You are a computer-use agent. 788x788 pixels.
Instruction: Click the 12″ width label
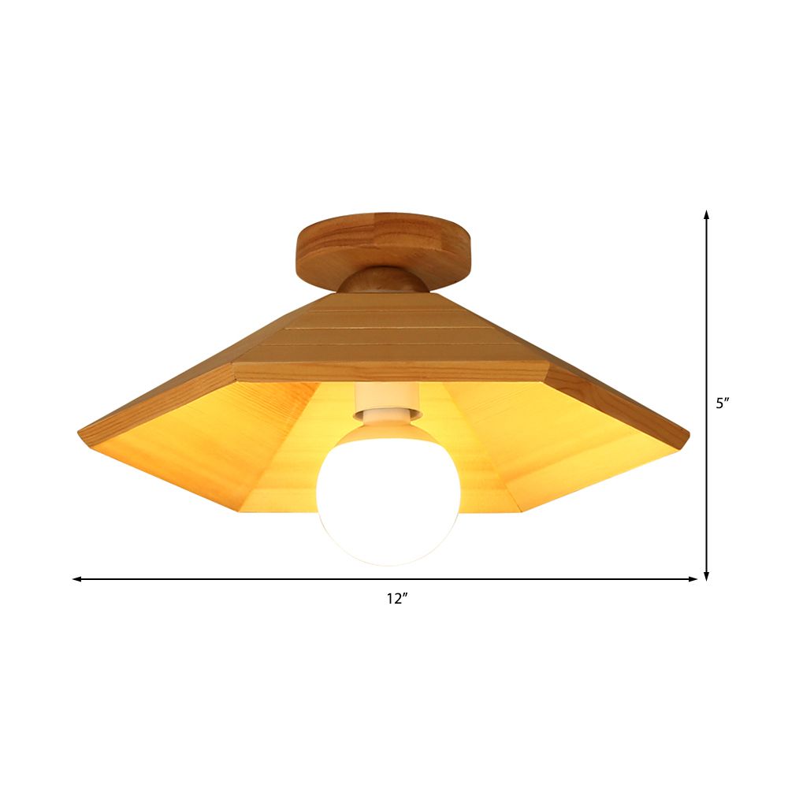point(396,599)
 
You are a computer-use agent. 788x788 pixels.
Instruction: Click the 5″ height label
point(723,403)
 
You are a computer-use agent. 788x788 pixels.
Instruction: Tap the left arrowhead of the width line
point(77,579)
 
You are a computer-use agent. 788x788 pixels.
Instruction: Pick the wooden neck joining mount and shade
point(385,280)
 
